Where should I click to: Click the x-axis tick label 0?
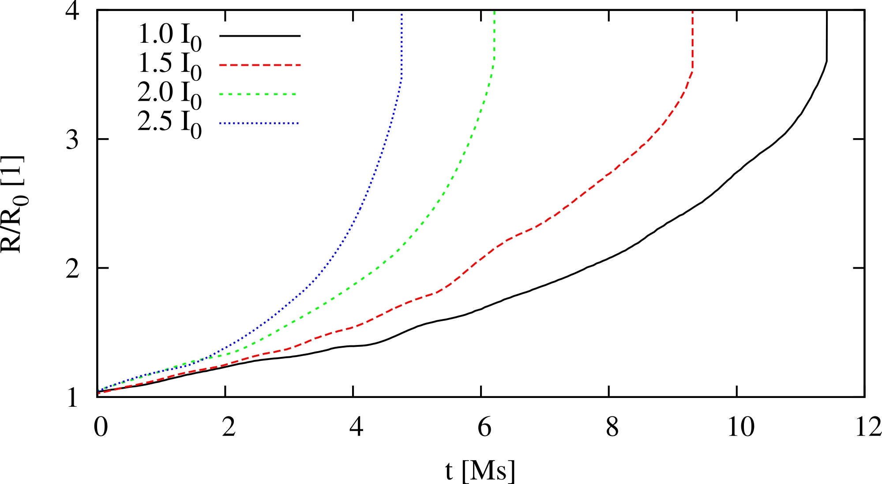point(101,427)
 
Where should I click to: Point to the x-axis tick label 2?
point(229,427)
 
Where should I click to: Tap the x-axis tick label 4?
point(356,427)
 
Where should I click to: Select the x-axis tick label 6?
point(484,427)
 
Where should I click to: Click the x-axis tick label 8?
point(612,427)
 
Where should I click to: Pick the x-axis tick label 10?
point(741,427)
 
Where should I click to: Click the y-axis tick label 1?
point(73,397)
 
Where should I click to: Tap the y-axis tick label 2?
point(73,268)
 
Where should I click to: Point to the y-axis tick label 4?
point(73,11)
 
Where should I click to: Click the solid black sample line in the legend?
point(259,35)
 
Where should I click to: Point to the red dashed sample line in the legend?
point(259,65)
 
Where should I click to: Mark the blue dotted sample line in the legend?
point(259,123)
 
